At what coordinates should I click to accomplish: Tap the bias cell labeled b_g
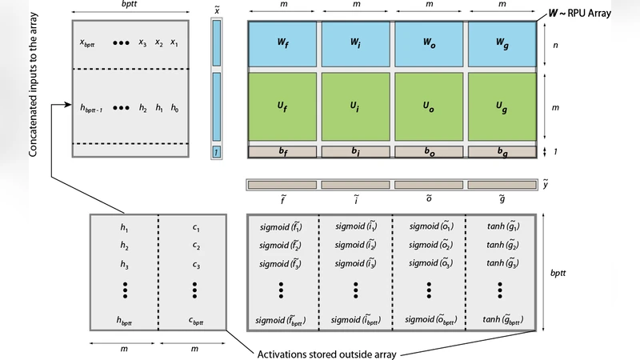[502, 150]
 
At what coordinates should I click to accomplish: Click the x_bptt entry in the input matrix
[89, 43]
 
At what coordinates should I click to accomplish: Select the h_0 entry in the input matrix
[174, 107]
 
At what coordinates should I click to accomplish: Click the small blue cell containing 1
[215, 152]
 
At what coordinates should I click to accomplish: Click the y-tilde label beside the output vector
[546, 185]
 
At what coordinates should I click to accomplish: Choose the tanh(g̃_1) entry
[501, 228]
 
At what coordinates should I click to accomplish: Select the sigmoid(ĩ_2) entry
[356, 246]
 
